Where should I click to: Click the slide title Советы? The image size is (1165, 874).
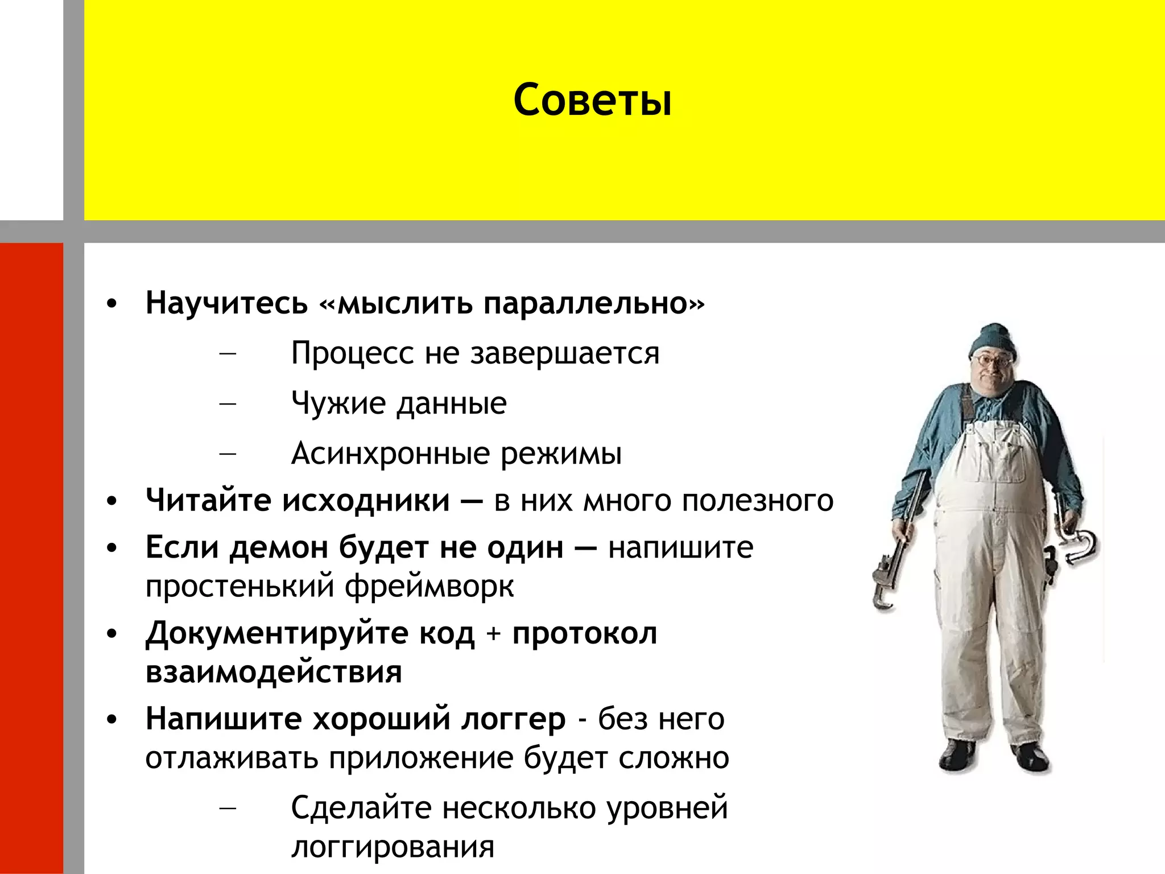tap(592, 100)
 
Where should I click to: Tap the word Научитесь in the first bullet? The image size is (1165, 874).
tap(226, 303)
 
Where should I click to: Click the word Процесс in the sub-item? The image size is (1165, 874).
tap(352, 353)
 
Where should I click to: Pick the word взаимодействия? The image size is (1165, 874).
tap(274, 672)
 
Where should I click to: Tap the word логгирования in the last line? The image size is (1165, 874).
tap(393, 847)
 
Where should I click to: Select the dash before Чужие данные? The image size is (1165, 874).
tap(228, 403)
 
